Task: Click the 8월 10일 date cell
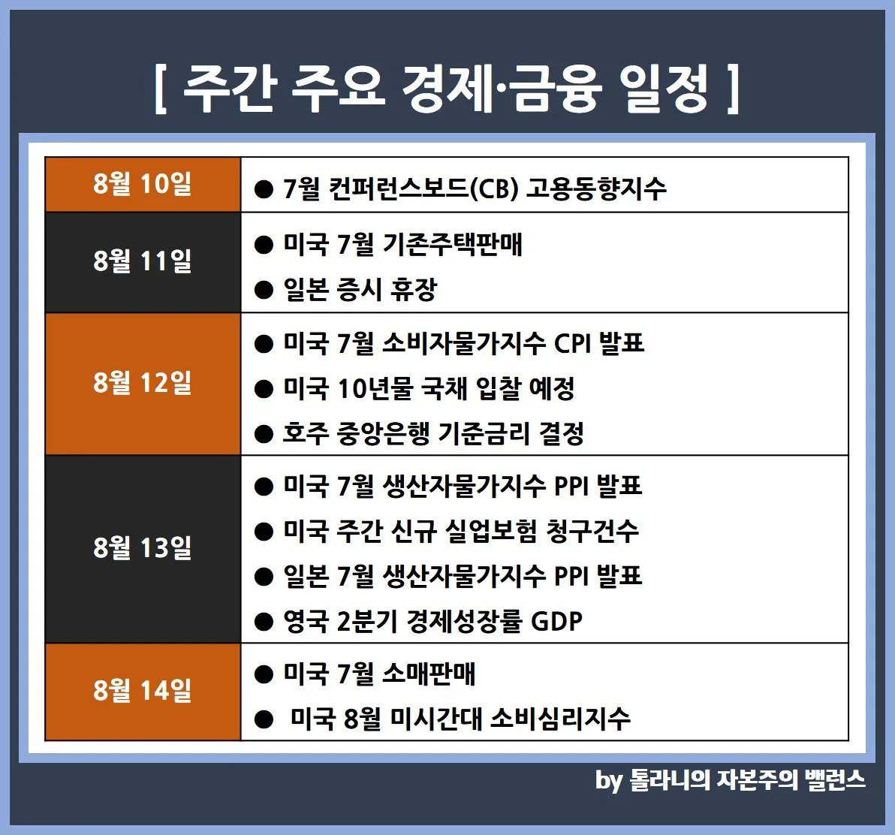pyautogui.click(x=143, y=185)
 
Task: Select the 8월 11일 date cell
pyautogui.click(x=143, y=263)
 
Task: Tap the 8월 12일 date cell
pyautogui.click(x=143, y=384)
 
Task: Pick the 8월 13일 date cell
pyautogui.click(x=143, y=549)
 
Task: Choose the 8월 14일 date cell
pyautogui.click(x=143, y=692)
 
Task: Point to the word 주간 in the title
pyautogui.click(x=228, y=89)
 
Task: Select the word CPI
pyautogui.click(x=572, y=344)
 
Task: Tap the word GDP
pyautogui.click(x=556, y=621)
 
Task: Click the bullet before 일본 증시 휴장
pyautogui.click(x=264, y=290)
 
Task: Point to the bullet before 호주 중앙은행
pyautogui.click(x=264, y=434)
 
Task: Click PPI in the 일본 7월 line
pyautogui.click(x=571, y=576)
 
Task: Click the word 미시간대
pyautogui.click(x=437, y=719)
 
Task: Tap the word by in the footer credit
pyautogui.click(x=608, y=780)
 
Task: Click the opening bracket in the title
pyautogui.click(x=161, y=89)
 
